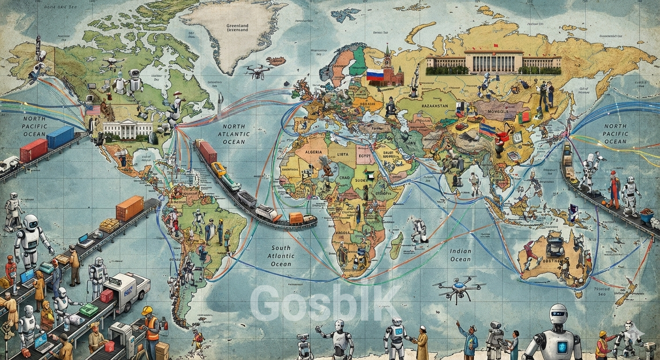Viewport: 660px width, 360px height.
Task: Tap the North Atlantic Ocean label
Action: (233, 134)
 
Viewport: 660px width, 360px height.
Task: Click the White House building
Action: (127, 129)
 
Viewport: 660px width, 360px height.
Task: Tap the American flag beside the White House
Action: (93, 110)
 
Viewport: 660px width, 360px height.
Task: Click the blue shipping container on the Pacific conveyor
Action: (60, 136)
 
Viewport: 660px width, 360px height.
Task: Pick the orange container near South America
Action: (129, 208)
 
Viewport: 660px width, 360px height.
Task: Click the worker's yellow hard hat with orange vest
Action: (147, 310)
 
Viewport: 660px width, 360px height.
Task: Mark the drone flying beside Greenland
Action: (257, 70)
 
